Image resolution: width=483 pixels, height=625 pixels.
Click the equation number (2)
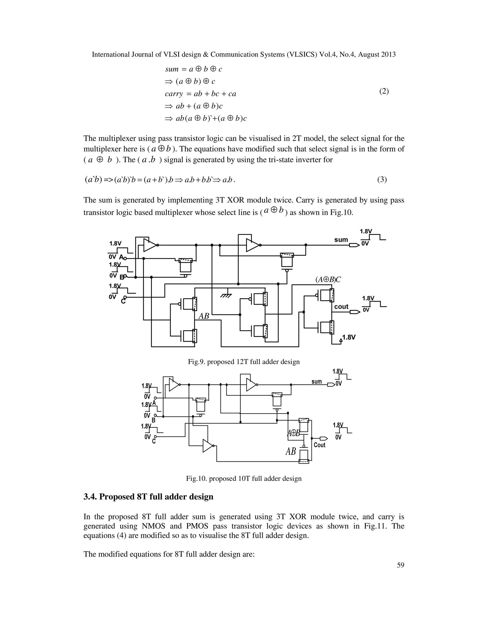point(384,92)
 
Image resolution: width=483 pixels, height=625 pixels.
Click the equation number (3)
point(382,180)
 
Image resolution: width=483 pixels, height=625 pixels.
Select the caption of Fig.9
point(243,362)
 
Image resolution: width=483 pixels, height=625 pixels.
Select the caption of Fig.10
point(243,479)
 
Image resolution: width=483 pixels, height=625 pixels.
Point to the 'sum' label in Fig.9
point(341,240)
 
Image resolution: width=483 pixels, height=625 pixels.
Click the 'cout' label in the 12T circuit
point(341,307)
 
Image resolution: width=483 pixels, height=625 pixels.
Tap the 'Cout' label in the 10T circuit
point(320,445)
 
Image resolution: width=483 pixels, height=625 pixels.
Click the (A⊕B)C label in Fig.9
point(328,279)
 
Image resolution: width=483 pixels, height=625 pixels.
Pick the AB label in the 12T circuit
point(204,316)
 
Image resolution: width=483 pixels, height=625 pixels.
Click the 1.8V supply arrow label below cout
point(349,337)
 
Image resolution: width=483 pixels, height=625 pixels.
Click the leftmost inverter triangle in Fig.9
point(150,245)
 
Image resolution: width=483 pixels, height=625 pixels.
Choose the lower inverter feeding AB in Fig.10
point(208,446)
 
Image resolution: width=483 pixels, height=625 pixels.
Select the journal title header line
point(243,55)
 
